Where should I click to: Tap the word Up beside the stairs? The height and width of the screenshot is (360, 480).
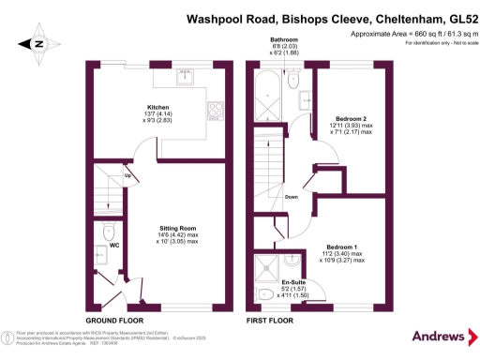(x=127, y=175)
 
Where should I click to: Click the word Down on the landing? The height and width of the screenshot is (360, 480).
(x=291, y=197)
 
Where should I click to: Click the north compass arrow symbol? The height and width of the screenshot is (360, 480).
(x=37, y=43)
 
